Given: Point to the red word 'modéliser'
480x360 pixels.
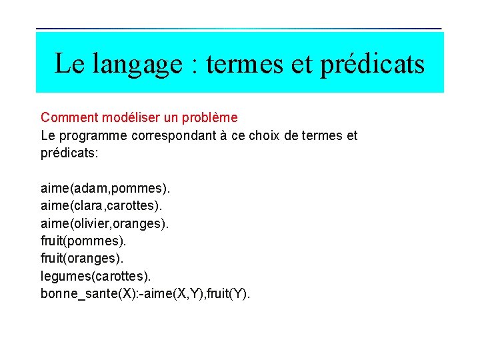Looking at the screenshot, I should click(x=131, y=118).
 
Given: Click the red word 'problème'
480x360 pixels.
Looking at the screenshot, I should click(x=209, y=118).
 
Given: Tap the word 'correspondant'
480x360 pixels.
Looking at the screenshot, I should click(x=180, y=136).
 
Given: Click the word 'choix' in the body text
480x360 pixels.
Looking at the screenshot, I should click(x=281, y=136).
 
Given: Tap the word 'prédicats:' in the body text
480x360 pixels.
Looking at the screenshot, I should click(x=69, y=153).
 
